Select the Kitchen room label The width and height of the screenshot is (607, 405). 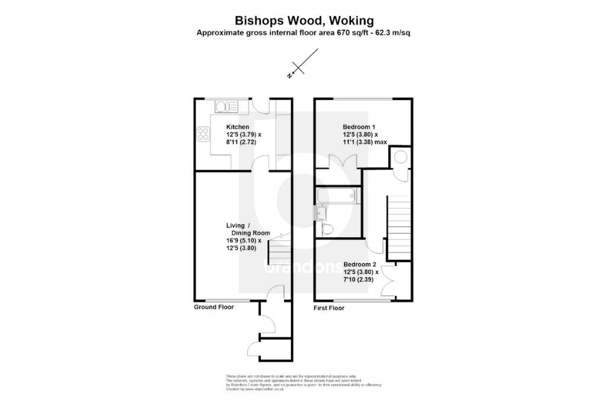pyautogui.click(x=238, y=127)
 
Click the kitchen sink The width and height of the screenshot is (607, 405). pyautogui.click(x=226, y=107)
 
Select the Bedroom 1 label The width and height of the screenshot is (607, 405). pyautogui.click(x=359, y=127)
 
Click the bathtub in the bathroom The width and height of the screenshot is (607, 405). pyautogui.click(x=336, y=195)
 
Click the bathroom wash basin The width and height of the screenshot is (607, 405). pyautogui.click(x=322, y=212)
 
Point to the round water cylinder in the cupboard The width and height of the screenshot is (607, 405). pyautogui.click(x=400, y=157)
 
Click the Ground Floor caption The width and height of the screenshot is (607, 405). pyautogui.click(x=214, y=307)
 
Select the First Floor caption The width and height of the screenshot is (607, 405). pyautogui.click(x=329, y=309)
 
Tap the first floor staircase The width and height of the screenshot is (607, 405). pyautogui.click(x=398, y=228)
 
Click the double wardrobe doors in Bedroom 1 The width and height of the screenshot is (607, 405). pyautogui.click(x=343, y=161)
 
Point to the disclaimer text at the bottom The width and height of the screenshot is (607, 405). pyautogui.click(x=303, y=382)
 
